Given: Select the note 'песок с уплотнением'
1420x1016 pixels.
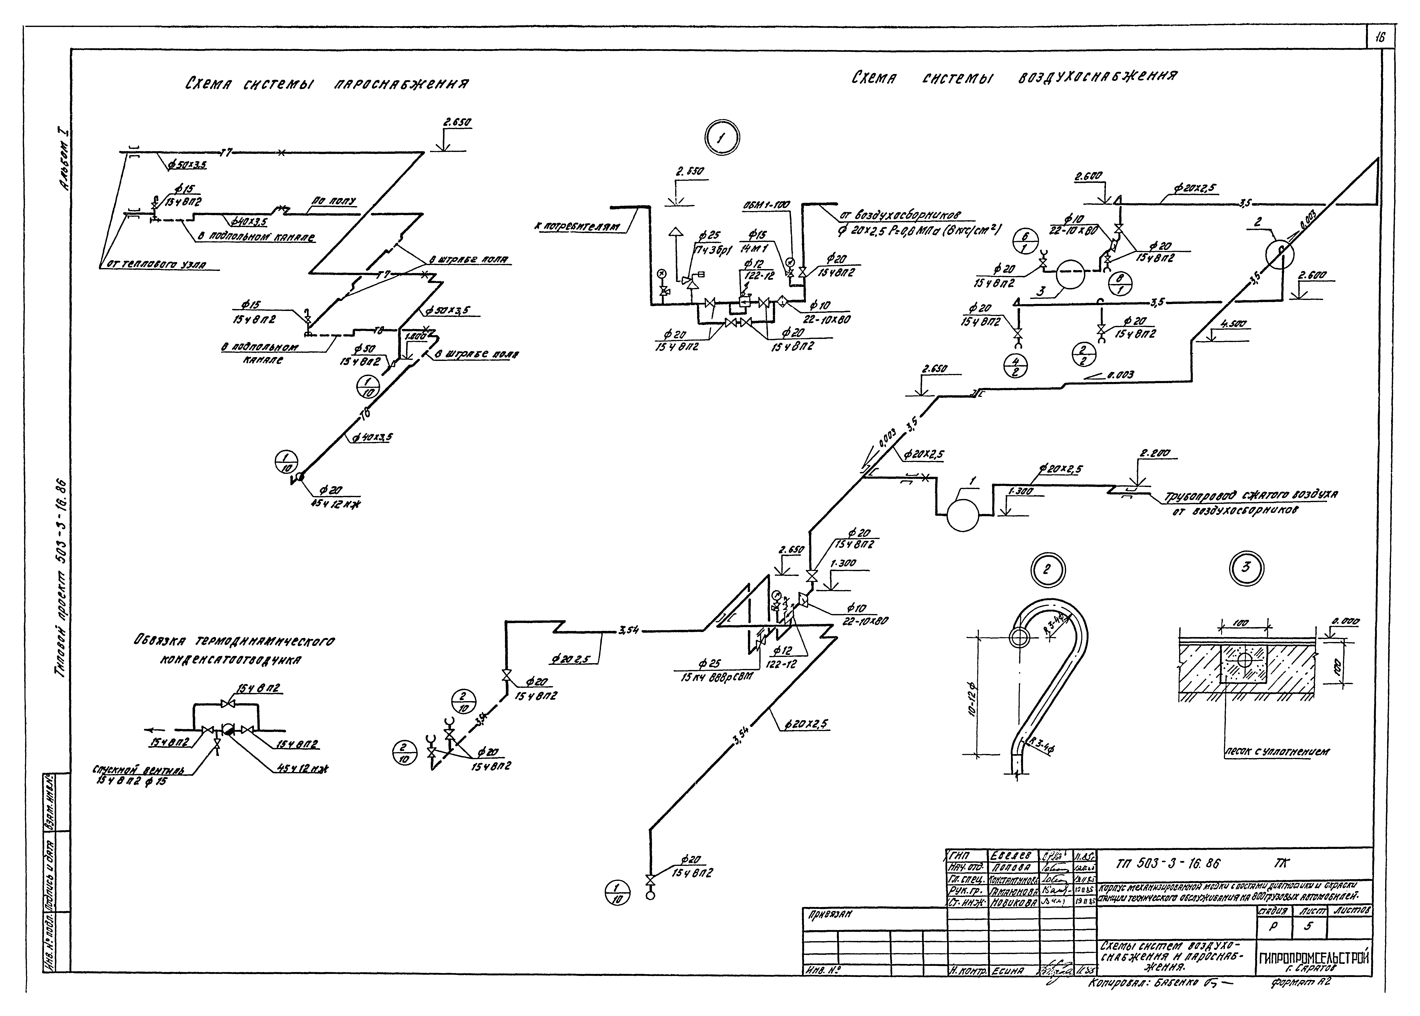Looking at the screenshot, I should [x=1276, y=751].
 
